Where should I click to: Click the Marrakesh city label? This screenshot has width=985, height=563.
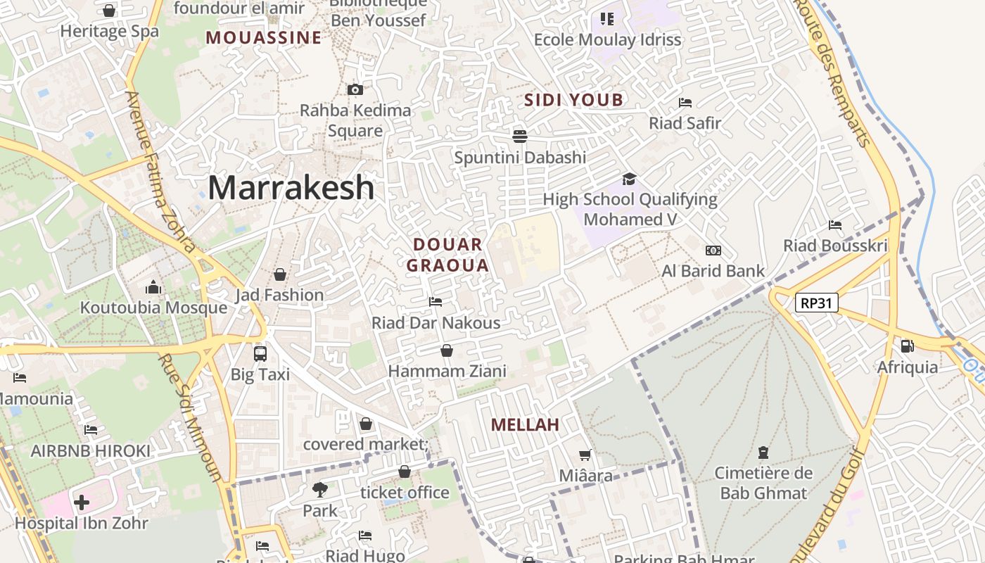pos(291,188)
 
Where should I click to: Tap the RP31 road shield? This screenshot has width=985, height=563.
pos(817,303)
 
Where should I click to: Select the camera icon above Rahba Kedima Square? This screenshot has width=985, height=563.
pos(355,89)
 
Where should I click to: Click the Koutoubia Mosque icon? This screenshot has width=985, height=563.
pos(153,287)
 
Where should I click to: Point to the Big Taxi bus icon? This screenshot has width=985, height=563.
pos(260,353)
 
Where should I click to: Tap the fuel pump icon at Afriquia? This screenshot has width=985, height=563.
pos(907,346)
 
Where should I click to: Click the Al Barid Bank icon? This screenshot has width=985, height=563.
pos(713,251)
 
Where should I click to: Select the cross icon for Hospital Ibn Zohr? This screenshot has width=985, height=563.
pos(82,502)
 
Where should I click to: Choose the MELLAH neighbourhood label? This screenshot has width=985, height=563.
pos(525,424)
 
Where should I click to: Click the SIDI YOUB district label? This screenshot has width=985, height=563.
pos(574,100)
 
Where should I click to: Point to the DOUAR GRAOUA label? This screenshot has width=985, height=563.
pos(447,255)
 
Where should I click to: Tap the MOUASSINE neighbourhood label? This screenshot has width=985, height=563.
pos(263,37)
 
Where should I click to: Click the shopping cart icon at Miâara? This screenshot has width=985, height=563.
pos(585,455)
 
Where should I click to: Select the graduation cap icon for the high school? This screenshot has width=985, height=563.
pos(629,179)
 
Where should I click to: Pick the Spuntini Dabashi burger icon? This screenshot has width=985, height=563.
pos(520,136)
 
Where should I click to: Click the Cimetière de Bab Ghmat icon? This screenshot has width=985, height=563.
pos(763,452)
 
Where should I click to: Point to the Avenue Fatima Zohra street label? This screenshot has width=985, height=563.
pos(161,172)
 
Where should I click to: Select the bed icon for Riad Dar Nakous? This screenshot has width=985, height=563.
pos(436,302)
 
